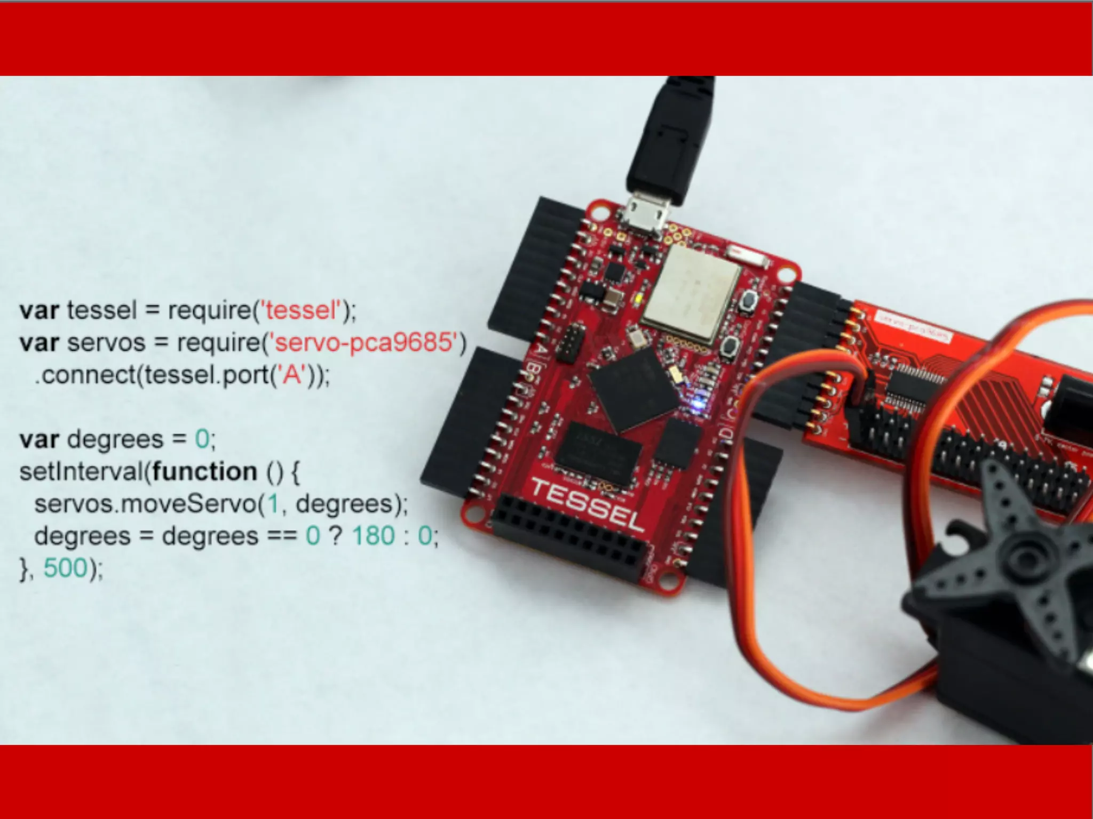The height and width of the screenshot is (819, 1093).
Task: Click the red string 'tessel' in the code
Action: pyautogui.click(x=300, y=310)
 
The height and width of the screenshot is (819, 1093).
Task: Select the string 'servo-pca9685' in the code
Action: pyautogui.click(x=365, y=342)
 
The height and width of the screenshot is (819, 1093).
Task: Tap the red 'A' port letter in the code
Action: pyautogui.click(x=292, y=375)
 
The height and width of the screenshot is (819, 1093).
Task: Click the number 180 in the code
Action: pyautogui.click(x=374, y=535)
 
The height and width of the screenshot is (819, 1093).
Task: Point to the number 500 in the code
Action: pyautogui.click(x=65, y=567)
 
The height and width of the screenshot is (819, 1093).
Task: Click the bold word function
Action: pyautogui.click(x=204, y=471)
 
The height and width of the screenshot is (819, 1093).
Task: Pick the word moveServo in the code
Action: pyautogui.click(x=189, y=503)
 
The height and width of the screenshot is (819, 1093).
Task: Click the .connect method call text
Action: pyautogui.click(x=85, y=375)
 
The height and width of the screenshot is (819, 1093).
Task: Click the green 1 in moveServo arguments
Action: pyautogui.click(x=273, y=503)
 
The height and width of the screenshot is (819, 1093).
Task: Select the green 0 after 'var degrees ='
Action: pyautogui.click(x=202, y=439)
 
